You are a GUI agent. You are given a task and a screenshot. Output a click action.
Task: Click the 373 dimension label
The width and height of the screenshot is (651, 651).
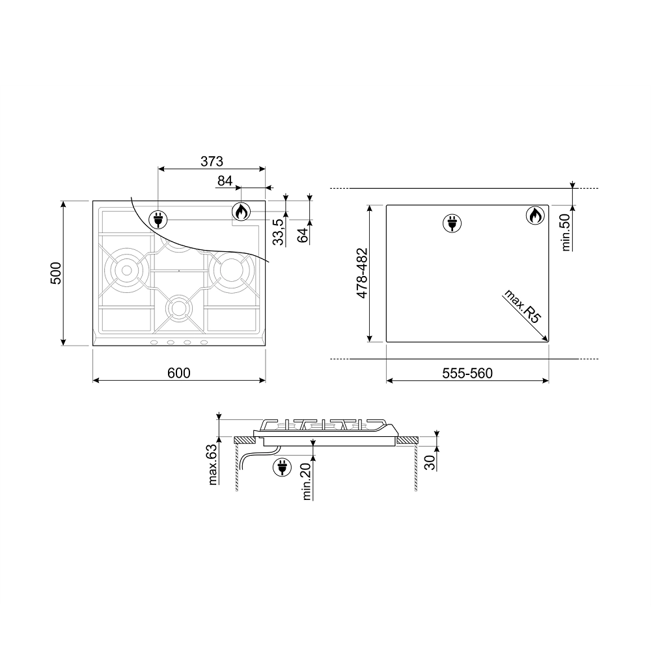coord(212,161)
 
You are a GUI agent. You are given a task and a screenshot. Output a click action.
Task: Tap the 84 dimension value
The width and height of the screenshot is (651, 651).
coord(225,180)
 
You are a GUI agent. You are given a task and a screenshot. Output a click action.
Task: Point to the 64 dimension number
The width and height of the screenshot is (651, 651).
coord(303,235)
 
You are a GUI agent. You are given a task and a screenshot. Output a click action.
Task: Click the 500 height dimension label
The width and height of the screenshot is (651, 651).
coord(55,273)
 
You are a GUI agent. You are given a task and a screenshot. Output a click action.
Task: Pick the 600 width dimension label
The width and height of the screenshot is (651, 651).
coord(179,373)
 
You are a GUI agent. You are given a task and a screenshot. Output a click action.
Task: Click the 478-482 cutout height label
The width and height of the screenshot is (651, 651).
coord(362,273)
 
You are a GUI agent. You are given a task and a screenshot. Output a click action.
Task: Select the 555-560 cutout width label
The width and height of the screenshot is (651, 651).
coord(467,373)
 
